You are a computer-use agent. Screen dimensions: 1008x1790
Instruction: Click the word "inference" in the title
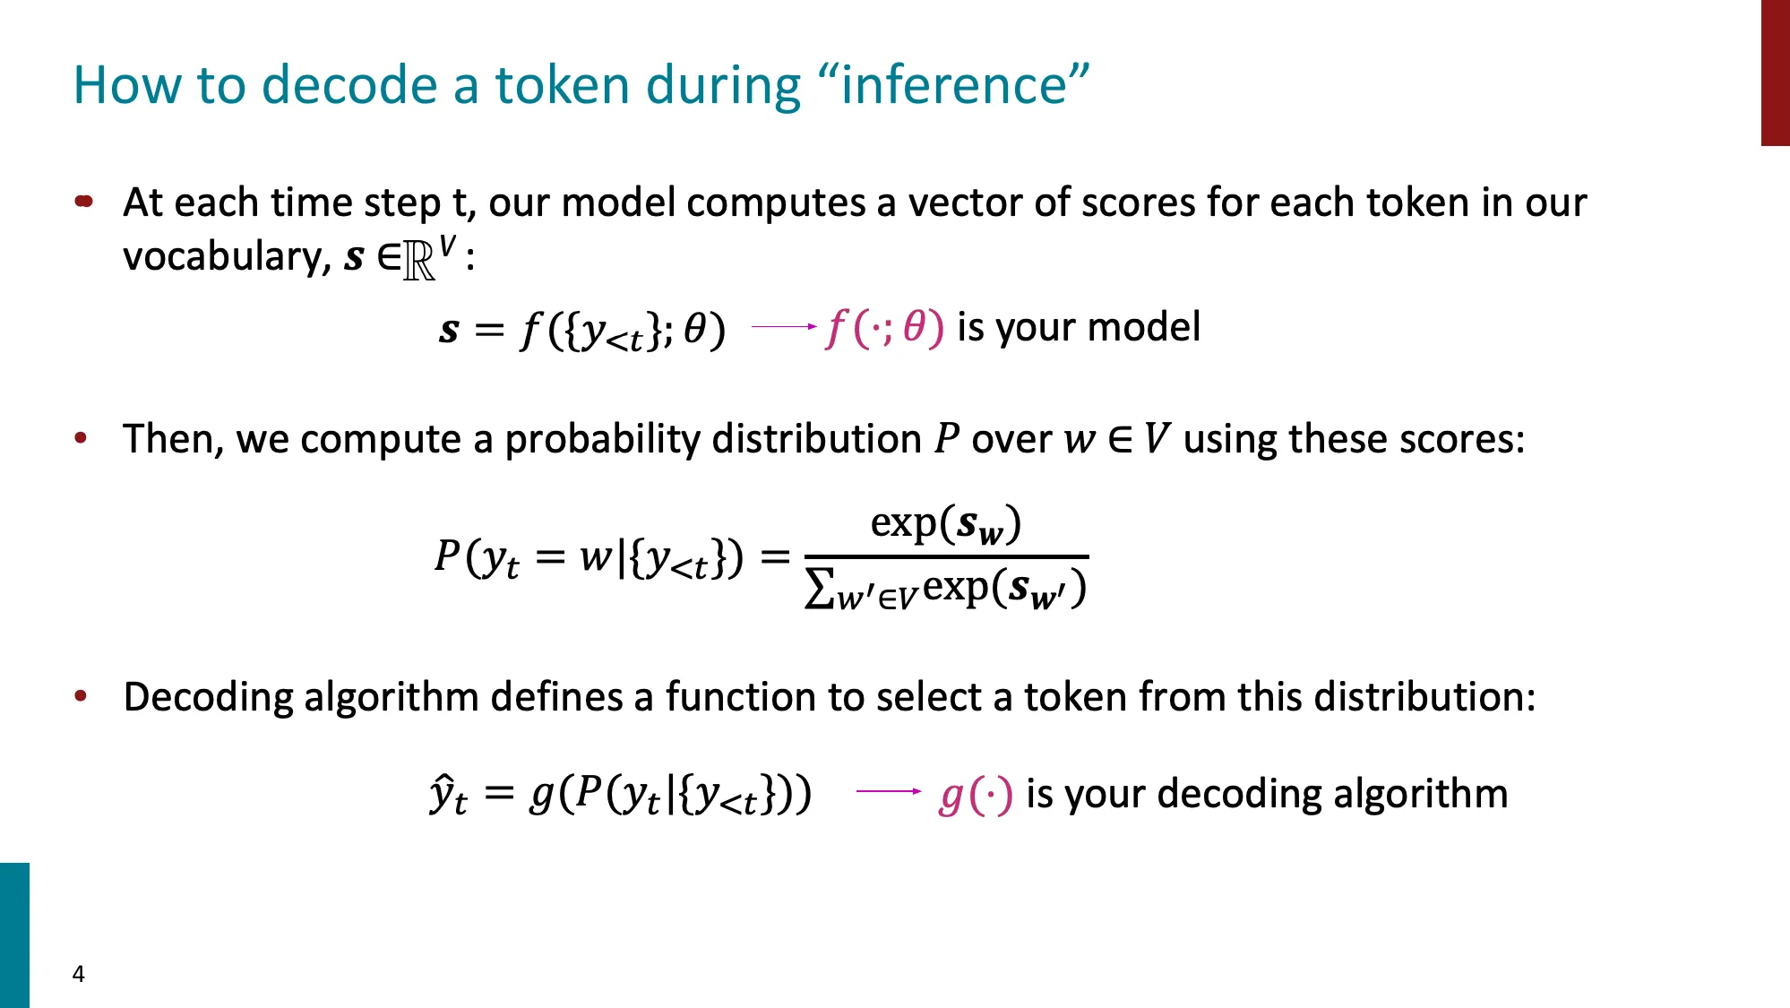click(x=953, y=85)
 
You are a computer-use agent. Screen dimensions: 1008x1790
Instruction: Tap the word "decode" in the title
click(x=349, y=85)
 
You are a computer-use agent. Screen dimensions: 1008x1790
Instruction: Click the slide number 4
click(x=79, y=974)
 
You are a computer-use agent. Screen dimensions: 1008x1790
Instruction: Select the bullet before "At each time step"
click(x=84, y=202)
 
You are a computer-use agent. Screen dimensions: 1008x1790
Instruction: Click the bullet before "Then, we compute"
click(x=82, y=438)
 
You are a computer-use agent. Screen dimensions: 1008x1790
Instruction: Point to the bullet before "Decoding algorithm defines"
click(x=82, y=696)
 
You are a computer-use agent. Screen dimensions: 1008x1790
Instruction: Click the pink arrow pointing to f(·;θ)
click(x=783, y=327)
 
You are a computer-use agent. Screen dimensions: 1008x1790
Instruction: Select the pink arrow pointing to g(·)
click(x=888, y=791)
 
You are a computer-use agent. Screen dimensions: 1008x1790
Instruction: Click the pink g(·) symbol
click(x=976, y=795)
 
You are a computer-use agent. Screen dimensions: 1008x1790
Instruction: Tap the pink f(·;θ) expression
click(x=884, y=328)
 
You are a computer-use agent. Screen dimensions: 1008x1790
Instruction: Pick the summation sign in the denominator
click(x=819, y=590)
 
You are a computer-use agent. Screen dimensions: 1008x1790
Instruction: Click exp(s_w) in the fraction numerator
click(x=945, y=524)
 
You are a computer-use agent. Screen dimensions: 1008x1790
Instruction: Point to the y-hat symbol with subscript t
click(x=447, y=794)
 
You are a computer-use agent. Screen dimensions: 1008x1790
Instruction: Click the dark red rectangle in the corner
click(x=1775, y=72)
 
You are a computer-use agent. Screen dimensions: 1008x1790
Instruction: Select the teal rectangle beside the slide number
click(x=14, y=935)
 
